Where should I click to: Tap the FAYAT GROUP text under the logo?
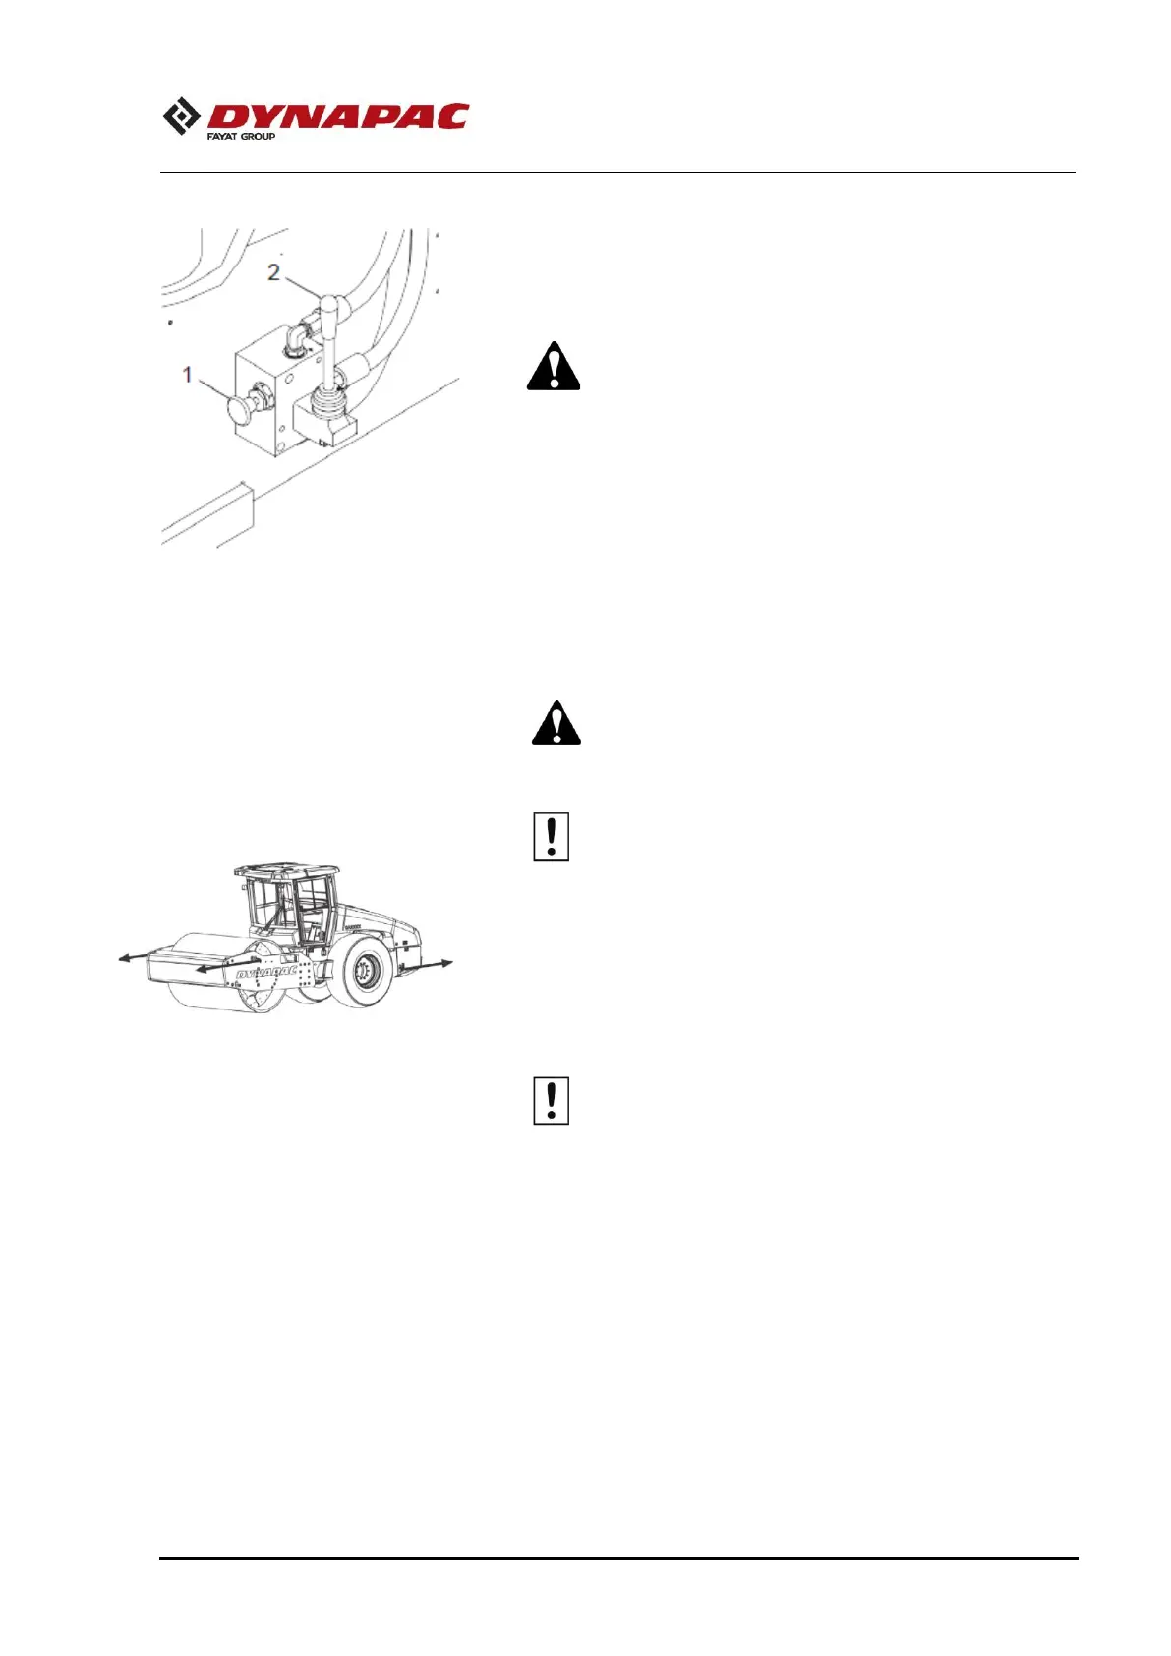pos(241,136)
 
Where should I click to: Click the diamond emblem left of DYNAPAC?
pos(182,116)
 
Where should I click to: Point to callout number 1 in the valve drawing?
pos(188,375)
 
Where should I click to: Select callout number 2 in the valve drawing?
pos(273,271)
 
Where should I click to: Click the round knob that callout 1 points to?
pos(240,408)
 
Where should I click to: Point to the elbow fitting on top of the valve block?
pos(295,341)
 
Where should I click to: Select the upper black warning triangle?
pos(554,368)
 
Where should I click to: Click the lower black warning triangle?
pos(556,724)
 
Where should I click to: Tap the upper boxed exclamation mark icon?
pos(551,838)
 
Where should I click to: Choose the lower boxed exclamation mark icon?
pos(551,1101)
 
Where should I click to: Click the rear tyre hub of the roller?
pos(366,975)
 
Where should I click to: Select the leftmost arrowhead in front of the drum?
pos(124,958)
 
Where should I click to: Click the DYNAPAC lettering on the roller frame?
pos(266,973)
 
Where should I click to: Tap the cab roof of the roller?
pos(286,872)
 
